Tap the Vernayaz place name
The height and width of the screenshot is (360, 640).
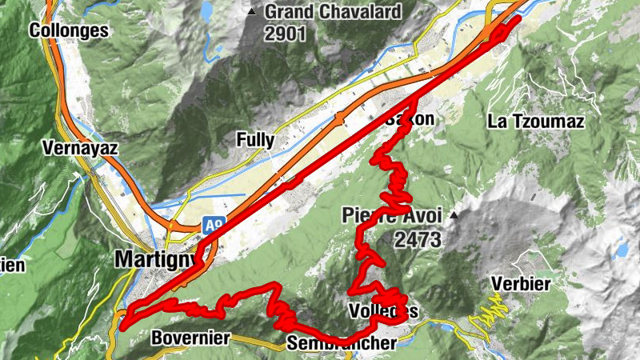(x=79, y=148)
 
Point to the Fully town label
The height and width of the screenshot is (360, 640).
(x=255, y=140)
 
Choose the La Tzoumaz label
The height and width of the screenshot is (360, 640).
(x=536, y=122)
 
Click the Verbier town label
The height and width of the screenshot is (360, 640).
(x=522, y=285)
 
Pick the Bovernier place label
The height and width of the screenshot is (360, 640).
(x=190, y=338)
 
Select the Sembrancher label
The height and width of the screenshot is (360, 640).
(x=342, y=344)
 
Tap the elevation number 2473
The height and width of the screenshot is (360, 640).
(x=418, y=239)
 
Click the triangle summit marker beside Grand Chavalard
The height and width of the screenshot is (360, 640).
(x=253, y=12)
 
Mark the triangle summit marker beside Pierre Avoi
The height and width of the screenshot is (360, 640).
(x=454, y=215)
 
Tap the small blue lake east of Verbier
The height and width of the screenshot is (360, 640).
(x=621, y=250)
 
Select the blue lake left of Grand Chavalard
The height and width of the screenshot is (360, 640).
(x=207, y=10)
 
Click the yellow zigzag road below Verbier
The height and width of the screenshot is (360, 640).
(x=490, y=312)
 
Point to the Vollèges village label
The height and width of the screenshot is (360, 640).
(x=383, y=310)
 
